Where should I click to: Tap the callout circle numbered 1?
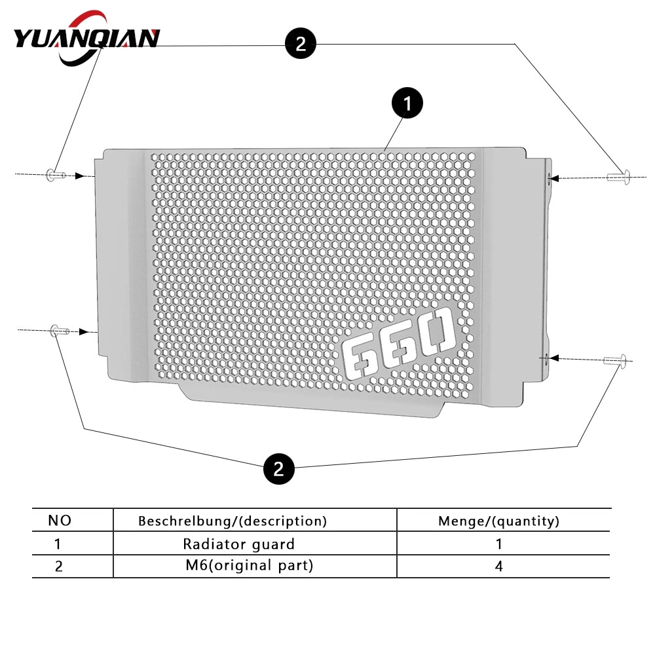point(407,103)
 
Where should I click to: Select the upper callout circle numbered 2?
point(301,43)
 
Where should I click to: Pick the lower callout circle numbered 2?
point(278,469)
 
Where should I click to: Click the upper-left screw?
point(56,174)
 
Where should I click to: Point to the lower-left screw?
point(59,331)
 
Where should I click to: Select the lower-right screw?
point(615,360)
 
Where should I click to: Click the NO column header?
point(60,521)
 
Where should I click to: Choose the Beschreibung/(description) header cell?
point(233,521)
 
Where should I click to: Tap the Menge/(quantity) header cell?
point(498,521)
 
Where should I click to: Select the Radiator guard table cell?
point(238,544)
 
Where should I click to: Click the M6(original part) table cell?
point(250,566)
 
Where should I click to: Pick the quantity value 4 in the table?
point(498,566)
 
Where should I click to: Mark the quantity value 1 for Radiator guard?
point(498,544)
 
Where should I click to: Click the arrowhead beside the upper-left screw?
point(80,176)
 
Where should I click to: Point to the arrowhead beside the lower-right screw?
point(554,358)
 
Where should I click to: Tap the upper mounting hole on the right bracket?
point(550,178)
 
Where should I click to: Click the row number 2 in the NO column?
point(58,567)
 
